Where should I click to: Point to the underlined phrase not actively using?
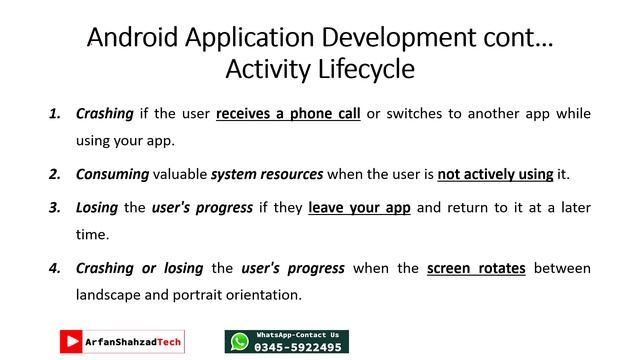[x=495, y=174]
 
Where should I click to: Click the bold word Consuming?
[x=113, y=174]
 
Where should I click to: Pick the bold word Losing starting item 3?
[x=97, y=208]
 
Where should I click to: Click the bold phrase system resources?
[x=267, y=174]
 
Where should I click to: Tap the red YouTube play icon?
[x=71, y=342]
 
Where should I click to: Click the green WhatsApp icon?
[x=239, y=342]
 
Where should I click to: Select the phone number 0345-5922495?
[x=298, y=347]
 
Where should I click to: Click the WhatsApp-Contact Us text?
[x=298, y=334]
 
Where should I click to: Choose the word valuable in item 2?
[x=180, y=174]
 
